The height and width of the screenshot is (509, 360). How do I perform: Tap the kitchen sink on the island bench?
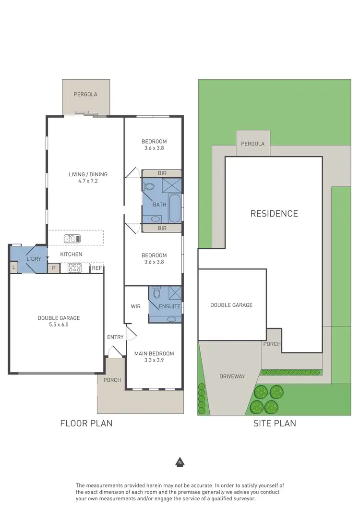(x=72, y=238)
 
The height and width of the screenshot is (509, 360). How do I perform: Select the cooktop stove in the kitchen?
(x=74, y=268)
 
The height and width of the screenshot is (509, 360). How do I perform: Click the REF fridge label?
(x=97, y=268)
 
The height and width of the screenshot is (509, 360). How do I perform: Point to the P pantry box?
(x=54, y=268)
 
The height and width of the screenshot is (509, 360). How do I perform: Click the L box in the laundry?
(x=14, y=267)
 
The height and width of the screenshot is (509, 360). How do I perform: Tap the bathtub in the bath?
(x=175, y=208)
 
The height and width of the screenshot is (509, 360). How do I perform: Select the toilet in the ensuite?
(x=156, y=293)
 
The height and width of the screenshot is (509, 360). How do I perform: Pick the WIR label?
(x=136, y=306)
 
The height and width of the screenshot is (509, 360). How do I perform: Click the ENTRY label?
(x=115, y=337)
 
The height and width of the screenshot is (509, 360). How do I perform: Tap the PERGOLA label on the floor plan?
(x=85, y=95)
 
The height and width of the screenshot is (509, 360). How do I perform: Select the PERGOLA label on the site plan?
(x=253, y=144)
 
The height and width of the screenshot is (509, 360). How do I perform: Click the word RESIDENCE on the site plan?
(x=274, y=214)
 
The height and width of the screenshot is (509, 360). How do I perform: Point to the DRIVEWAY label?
(x=232, y=376)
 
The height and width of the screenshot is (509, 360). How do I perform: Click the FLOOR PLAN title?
(x=86, y=423)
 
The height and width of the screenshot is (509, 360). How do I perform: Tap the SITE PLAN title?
(x=275, y=423)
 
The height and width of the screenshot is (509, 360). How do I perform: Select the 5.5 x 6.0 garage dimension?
(x=59, y=325)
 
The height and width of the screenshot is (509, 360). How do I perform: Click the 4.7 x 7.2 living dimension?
(x=88, y=182)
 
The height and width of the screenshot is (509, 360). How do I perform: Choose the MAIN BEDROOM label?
(x=154, y=354)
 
